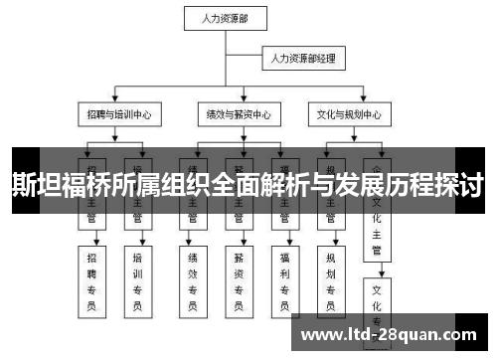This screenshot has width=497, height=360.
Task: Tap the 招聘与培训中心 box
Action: click(x=117, y=114)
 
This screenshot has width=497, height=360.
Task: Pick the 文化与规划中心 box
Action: click(x=349, y=114)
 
